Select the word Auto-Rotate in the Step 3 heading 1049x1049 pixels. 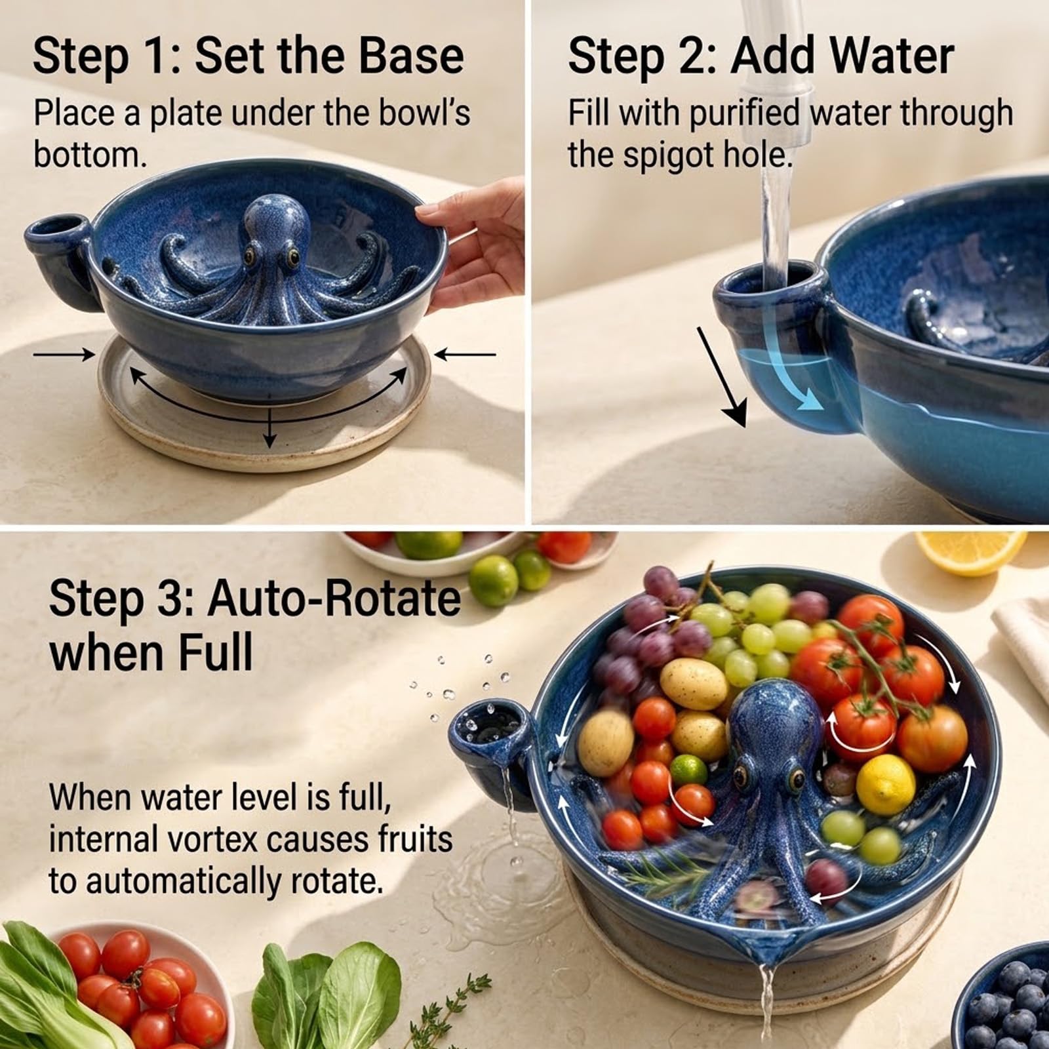pyautogui.click(x=334, y=598)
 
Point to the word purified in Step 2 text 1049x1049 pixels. pyautogui.click(x=744, y=113)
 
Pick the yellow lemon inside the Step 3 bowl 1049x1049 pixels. pyautogui.click(x=886, y=784)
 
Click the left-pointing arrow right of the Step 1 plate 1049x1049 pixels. pyautogui.click(x=465, y=355)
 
